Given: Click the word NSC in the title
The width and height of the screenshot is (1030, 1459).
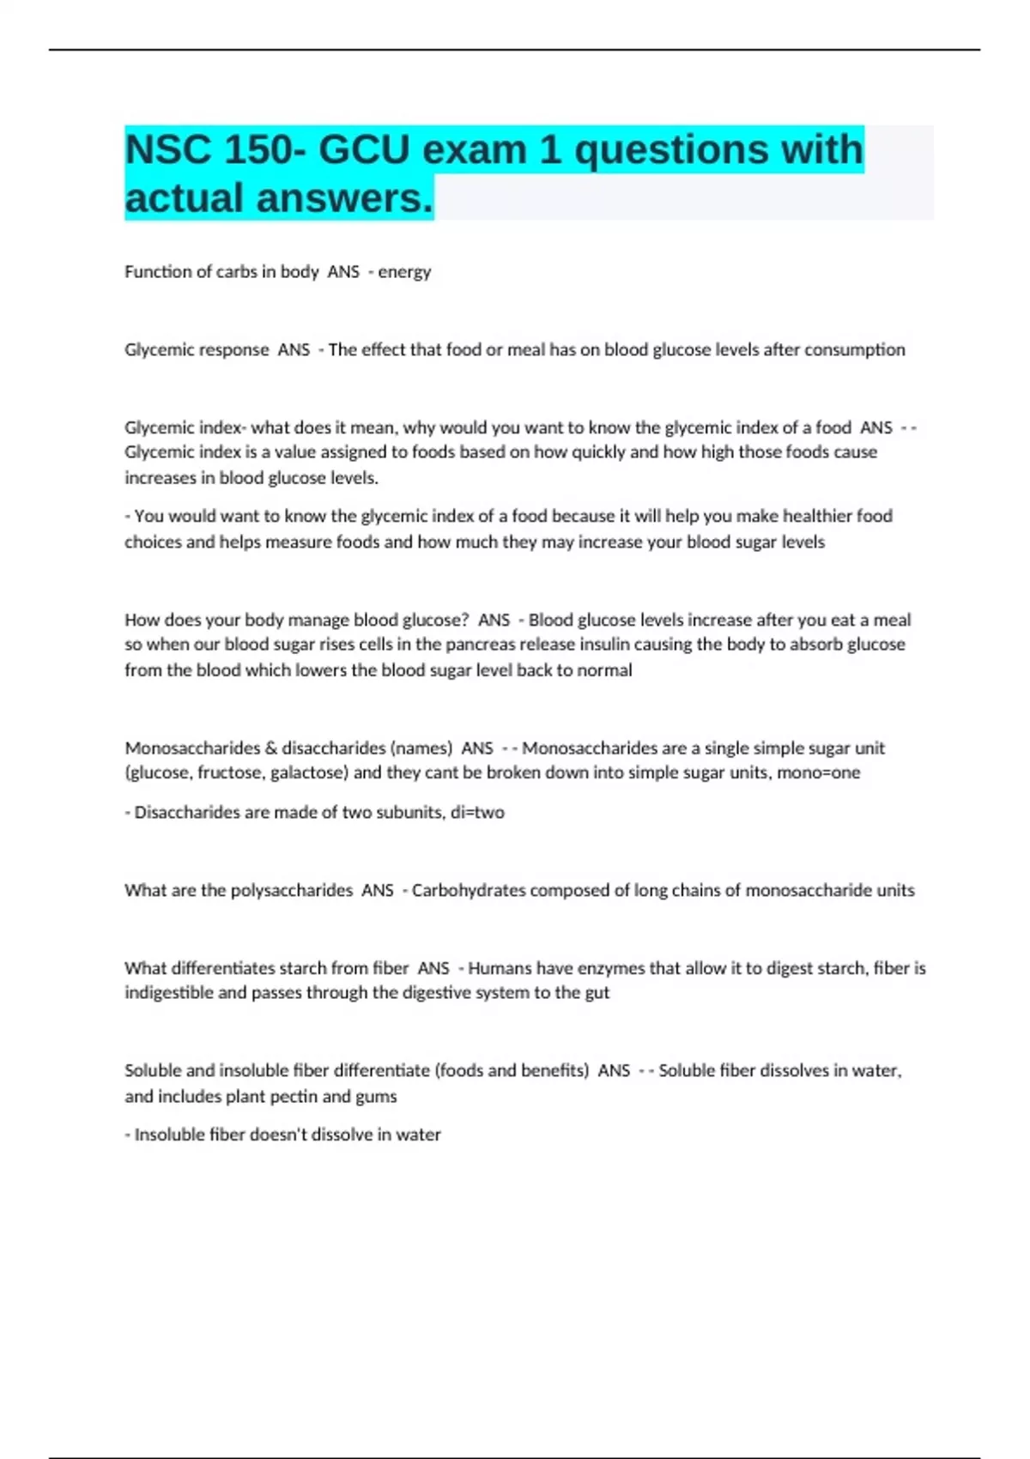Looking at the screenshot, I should click(167, 150).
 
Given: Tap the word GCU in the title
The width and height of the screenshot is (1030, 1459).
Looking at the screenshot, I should click(364, 150).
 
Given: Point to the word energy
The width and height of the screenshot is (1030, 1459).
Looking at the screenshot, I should click(404, 272).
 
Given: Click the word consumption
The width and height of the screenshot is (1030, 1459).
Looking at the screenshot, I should click(854, 350).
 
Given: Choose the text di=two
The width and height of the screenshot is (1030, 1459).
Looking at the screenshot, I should click(477, 813).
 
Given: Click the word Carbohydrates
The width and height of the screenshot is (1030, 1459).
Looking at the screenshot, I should click(469, 891).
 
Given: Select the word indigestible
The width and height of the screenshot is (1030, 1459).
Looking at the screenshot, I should click(169, 993).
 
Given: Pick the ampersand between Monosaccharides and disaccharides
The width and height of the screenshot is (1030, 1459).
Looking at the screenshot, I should click(271, 748).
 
